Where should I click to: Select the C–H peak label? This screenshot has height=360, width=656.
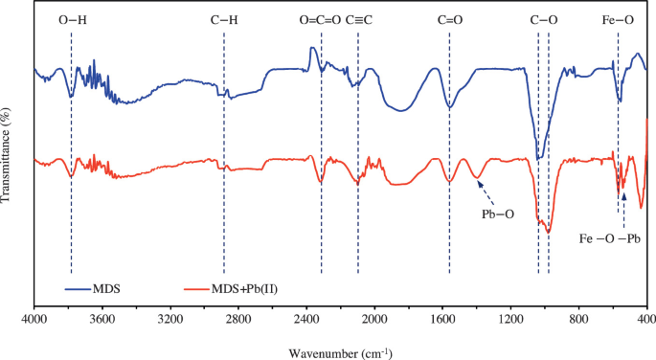tap(224, 19)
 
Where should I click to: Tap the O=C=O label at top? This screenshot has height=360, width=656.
tap(320, 19)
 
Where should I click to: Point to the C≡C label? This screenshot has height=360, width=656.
tap(358, 19)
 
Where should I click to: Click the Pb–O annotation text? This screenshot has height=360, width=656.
tap(497, 214)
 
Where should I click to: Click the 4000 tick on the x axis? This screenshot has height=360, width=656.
tap(34, 319)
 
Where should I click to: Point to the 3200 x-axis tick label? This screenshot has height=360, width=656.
tap(170, 319)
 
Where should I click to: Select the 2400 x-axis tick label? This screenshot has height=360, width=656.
tap(306, 319)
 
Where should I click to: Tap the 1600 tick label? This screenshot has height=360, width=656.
tap(442, 319)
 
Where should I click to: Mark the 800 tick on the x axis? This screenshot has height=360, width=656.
tap(578, 319)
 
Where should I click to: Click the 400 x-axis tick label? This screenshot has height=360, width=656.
tap(646, 319)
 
